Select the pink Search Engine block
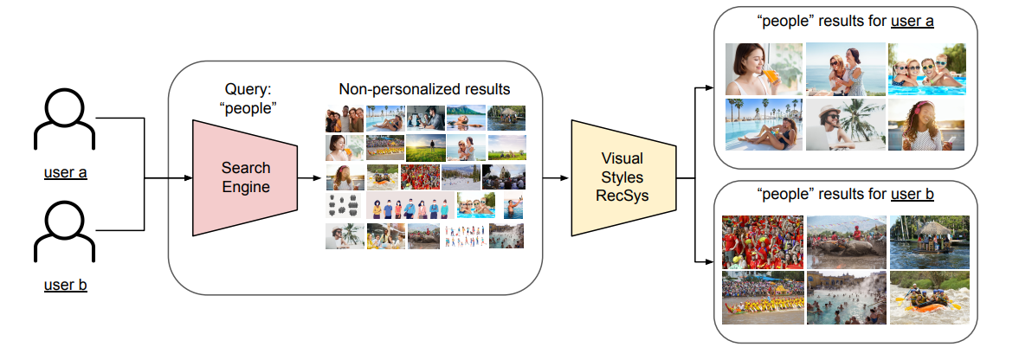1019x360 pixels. point(245,177)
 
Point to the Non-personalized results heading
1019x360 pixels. point(424,89)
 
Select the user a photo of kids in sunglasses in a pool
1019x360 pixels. point(926,68)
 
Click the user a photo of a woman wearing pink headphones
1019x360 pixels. point(926,125)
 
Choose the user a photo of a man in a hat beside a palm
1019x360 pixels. point(843,125)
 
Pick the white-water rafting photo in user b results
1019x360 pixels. point(926,299)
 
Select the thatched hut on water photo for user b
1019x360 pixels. point(926,241)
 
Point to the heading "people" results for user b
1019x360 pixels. point(844,194)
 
